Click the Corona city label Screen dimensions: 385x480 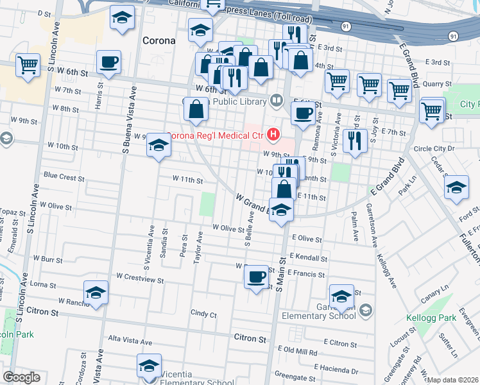tap(158, 40)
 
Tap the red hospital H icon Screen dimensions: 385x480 tap(274, 135)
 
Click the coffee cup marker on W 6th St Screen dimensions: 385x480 tap(108, 62)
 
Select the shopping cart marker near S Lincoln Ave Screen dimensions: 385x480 tap(28, 65)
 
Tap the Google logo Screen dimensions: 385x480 tap(21, 377)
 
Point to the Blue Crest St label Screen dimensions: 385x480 tap(64, 176)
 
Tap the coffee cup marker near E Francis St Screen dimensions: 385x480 tap(257, 276)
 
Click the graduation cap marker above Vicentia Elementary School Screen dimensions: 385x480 tap(149, 365)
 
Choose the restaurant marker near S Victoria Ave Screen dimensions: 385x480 tap(354, 141)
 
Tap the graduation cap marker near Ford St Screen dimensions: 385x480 tap(456, 187)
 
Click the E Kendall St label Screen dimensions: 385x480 tap(308, 257)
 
